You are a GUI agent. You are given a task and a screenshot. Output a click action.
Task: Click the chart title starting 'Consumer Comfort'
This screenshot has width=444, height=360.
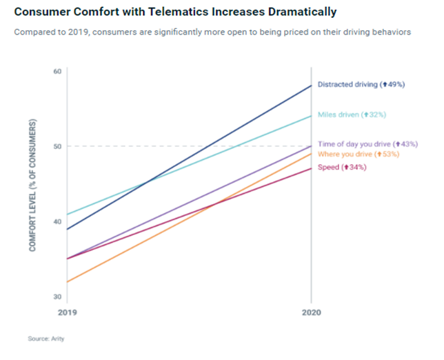click(x=175, y=12)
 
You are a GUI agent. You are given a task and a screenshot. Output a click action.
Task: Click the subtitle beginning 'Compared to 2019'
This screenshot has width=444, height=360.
click(x=212, y=32)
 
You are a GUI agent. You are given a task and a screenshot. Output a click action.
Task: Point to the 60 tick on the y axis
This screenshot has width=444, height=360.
click(x=57, y=71)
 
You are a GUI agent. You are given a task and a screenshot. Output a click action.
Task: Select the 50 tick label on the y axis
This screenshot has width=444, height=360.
click(x=57, y=146)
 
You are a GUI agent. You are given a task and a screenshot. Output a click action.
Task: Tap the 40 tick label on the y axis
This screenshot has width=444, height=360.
click(x=57, y=221)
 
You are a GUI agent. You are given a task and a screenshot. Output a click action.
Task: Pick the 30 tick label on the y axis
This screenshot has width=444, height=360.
click(x=57, y=297)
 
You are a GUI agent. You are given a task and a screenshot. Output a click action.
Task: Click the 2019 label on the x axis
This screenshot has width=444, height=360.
click(x=68, y=312)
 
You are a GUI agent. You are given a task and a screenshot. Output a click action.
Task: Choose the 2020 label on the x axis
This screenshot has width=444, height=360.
click(x=312, y=312)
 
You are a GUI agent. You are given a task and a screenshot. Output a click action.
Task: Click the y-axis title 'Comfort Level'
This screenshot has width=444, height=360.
click(x=33, y=186)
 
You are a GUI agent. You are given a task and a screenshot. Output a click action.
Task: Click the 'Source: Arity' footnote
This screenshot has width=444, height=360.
click(x=46, y=339)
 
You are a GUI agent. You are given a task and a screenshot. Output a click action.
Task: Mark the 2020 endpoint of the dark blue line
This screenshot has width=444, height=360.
click(x=312, y=86)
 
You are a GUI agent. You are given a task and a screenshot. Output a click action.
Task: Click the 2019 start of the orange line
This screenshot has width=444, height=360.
click(x=67, y=282)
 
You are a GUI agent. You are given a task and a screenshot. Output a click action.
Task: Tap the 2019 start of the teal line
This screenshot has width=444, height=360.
click(x=67, y=214)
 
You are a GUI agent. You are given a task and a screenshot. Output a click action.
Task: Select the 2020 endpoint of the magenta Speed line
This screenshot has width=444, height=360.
click(x=312, y=168)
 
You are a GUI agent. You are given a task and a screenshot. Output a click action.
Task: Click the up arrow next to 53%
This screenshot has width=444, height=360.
click(x=379, y=154)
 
